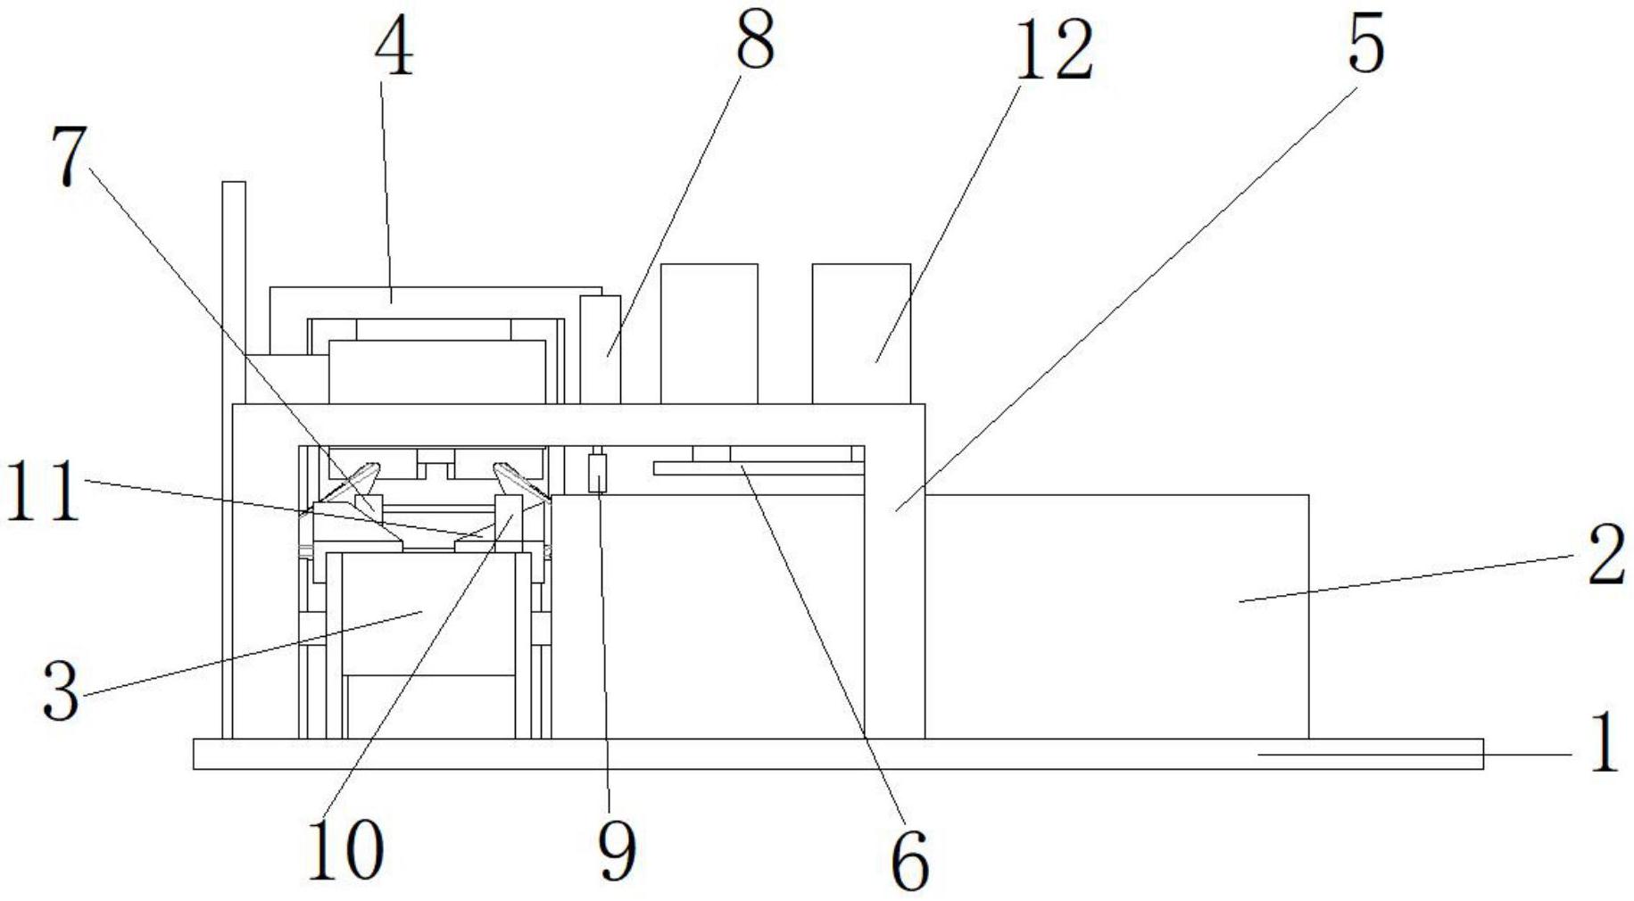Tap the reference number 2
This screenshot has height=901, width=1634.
[x=1607, y=558]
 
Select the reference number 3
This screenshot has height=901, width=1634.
[x=61, y=694]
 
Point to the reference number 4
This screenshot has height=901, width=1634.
[x=394, y=50]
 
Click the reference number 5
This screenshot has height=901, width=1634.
[x=1365, y=43]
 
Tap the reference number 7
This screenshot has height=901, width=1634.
[x=70, y=157]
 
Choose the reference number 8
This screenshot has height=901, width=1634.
[x=754, y=42]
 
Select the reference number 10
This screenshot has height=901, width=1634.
[x=345, y=849]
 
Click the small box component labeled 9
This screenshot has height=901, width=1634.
[x=598, y=473]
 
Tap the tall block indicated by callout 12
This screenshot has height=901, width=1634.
[x=861, y=333]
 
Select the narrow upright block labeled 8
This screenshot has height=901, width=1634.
[x=601, y=350]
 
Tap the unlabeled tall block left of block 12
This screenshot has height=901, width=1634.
[x=709, y=333]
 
